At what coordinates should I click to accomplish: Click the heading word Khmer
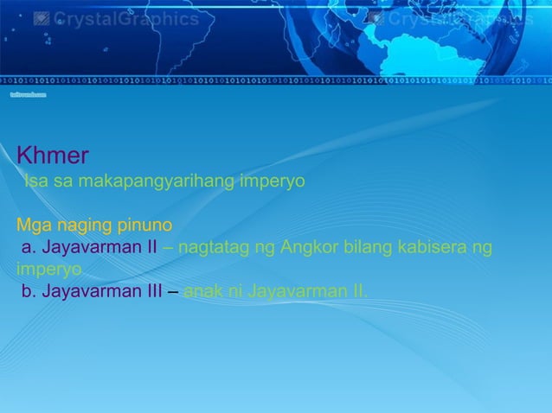(52, 156)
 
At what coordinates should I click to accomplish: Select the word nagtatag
(212, 249)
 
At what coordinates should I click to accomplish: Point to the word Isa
(35, 182)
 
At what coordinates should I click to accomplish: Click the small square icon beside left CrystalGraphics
(41, 18)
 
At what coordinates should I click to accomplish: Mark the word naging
(83, 226)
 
